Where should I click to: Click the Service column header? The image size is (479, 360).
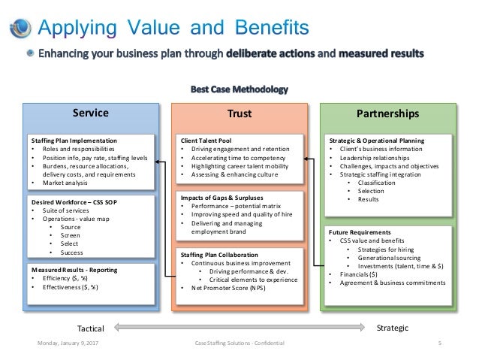coord(90,113)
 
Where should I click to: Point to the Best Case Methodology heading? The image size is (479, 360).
coord(239,89)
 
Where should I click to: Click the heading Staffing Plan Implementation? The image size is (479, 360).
coord(74,141)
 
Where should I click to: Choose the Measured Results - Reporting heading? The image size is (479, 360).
coord(74,269)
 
